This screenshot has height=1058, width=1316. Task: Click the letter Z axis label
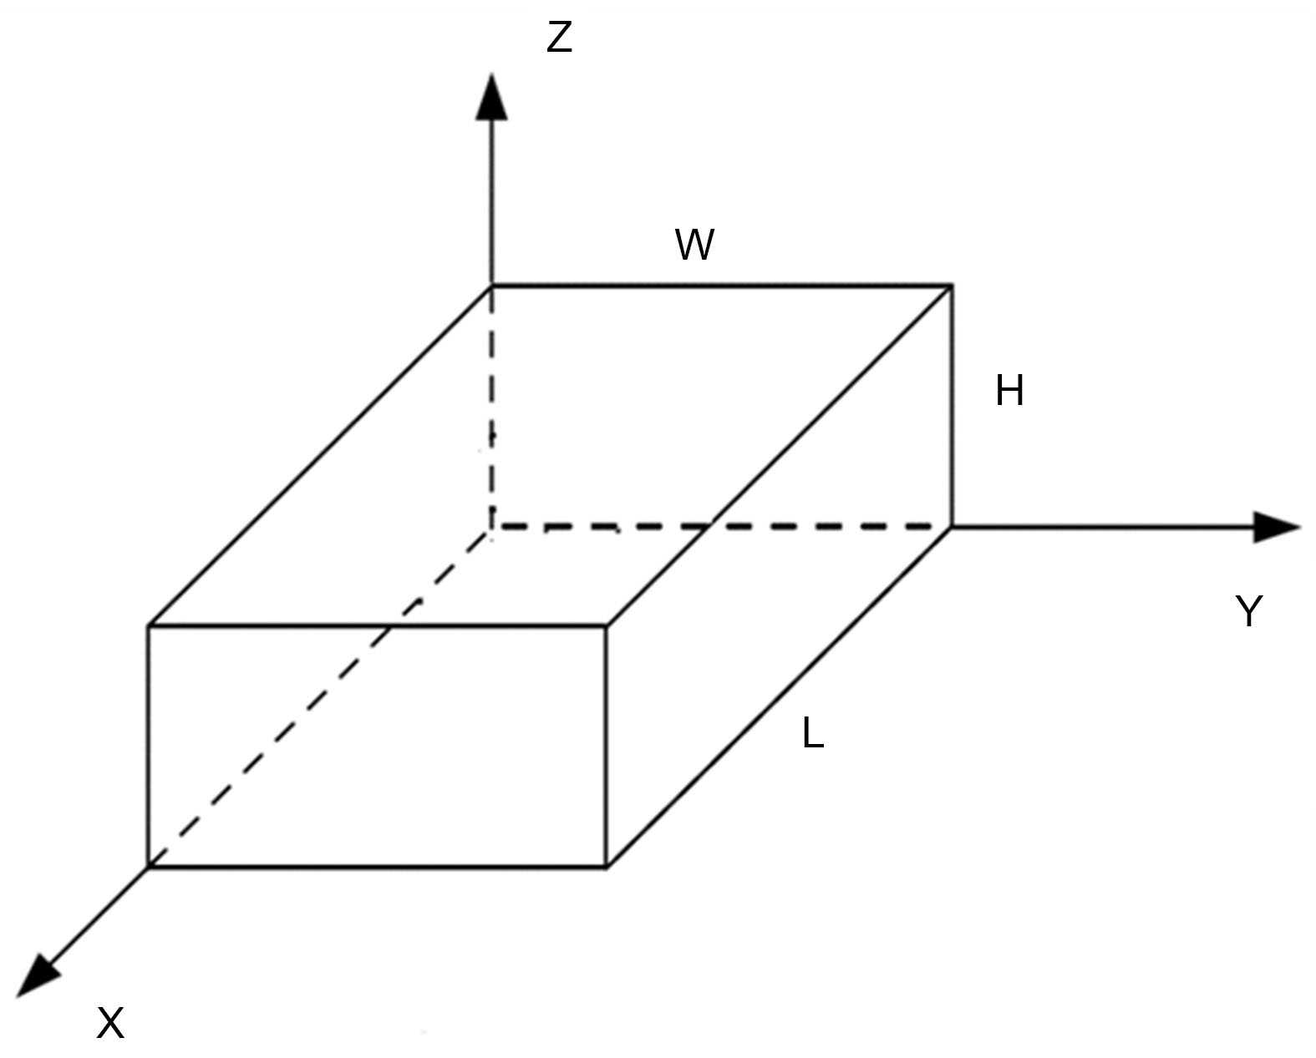[x=559, y=38]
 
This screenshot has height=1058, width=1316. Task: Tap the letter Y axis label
[x=1248, y=613]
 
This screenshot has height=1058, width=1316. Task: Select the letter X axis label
[x=110, y=1023]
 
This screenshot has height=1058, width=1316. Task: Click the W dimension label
[x=695, y=246]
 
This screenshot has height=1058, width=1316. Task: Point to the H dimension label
[x=1009, y=391]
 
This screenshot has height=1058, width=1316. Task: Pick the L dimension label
[x=812, y=734]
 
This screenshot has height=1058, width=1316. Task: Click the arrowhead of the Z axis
[x=491, y=95]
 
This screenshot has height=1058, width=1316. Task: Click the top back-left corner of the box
[x=491, y=286]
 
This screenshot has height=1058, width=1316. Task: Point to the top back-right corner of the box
[x=952, y=286]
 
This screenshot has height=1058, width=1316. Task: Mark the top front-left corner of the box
[x=149, y=625]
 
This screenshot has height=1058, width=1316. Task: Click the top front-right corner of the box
[x=607, y=625]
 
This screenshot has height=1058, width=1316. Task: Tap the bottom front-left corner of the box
[x=149, y=867]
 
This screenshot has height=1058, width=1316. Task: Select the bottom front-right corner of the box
[x=607, y=867]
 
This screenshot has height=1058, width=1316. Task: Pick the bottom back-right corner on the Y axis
[x=952, y=527]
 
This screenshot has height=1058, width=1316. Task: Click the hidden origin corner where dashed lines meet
[x=491, y=527]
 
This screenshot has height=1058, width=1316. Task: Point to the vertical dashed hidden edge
[x=491, y=401]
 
